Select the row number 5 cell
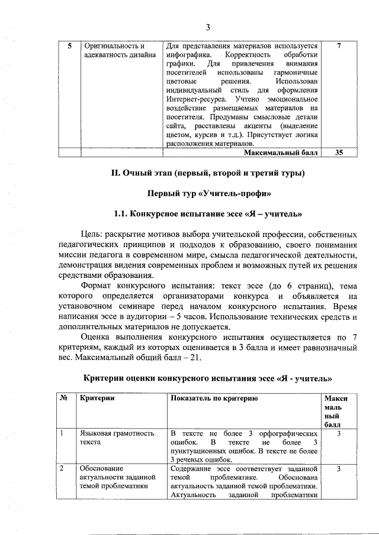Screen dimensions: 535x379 click(x=70, y=46)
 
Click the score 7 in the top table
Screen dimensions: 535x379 click(x=338, y=46)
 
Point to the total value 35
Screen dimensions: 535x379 click(x=338, y=153)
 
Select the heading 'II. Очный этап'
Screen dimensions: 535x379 click(x=146, y=173)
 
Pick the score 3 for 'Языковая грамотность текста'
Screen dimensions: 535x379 click(x=338, y=434)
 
